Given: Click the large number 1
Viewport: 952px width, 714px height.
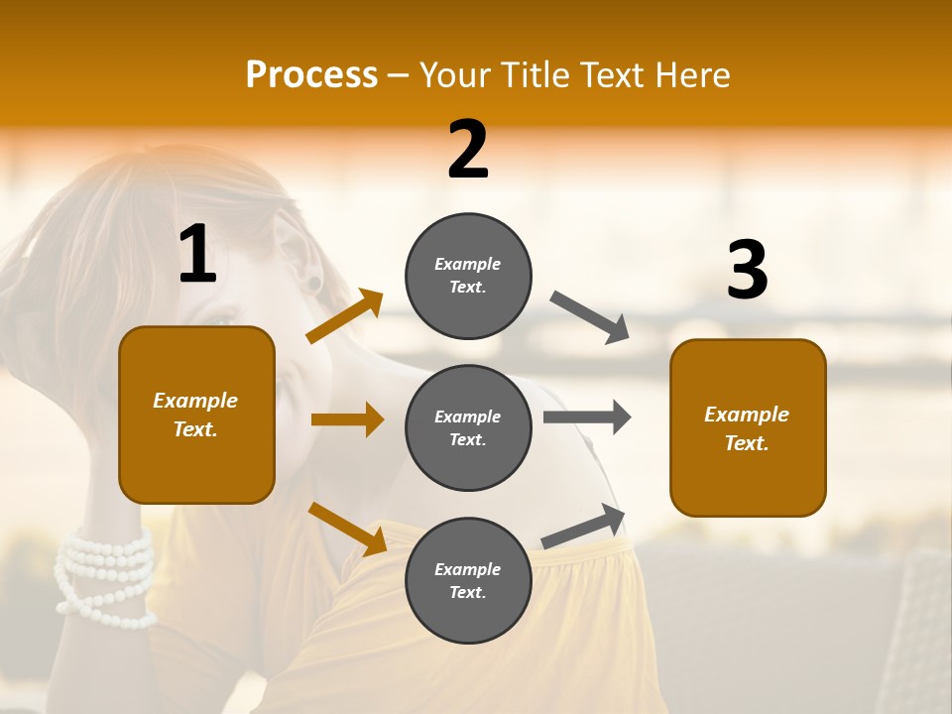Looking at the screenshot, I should click(197, 255).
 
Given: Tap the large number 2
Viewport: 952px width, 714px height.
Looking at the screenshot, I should click(468, 150).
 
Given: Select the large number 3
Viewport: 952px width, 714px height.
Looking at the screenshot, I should click(747, 270).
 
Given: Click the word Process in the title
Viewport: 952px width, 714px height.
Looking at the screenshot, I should click(311, 75).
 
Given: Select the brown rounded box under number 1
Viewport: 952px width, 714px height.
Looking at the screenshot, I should click(196, 415).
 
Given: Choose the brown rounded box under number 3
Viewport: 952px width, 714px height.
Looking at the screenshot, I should click(748, 427).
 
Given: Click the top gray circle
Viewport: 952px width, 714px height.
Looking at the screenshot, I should click(468, 276).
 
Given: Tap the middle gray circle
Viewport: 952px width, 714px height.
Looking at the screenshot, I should click(468, 427).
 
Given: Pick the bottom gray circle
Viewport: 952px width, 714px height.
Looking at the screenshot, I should click(468, 580).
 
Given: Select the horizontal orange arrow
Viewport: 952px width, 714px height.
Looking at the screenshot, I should click(347, 419).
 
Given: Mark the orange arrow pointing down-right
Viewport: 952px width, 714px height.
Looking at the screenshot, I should click(348, 529).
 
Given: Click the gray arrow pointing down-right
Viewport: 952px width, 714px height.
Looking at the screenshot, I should click(590, 317).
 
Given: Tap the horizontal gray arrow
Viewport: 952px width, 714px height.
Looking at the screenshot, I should click(587, 417).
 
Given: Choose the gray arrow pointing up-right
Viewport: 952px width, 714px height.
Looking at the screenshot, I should click(584, 527).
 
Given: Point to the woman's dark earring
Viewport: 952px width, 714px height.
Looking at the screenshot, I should click(314, 285).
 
